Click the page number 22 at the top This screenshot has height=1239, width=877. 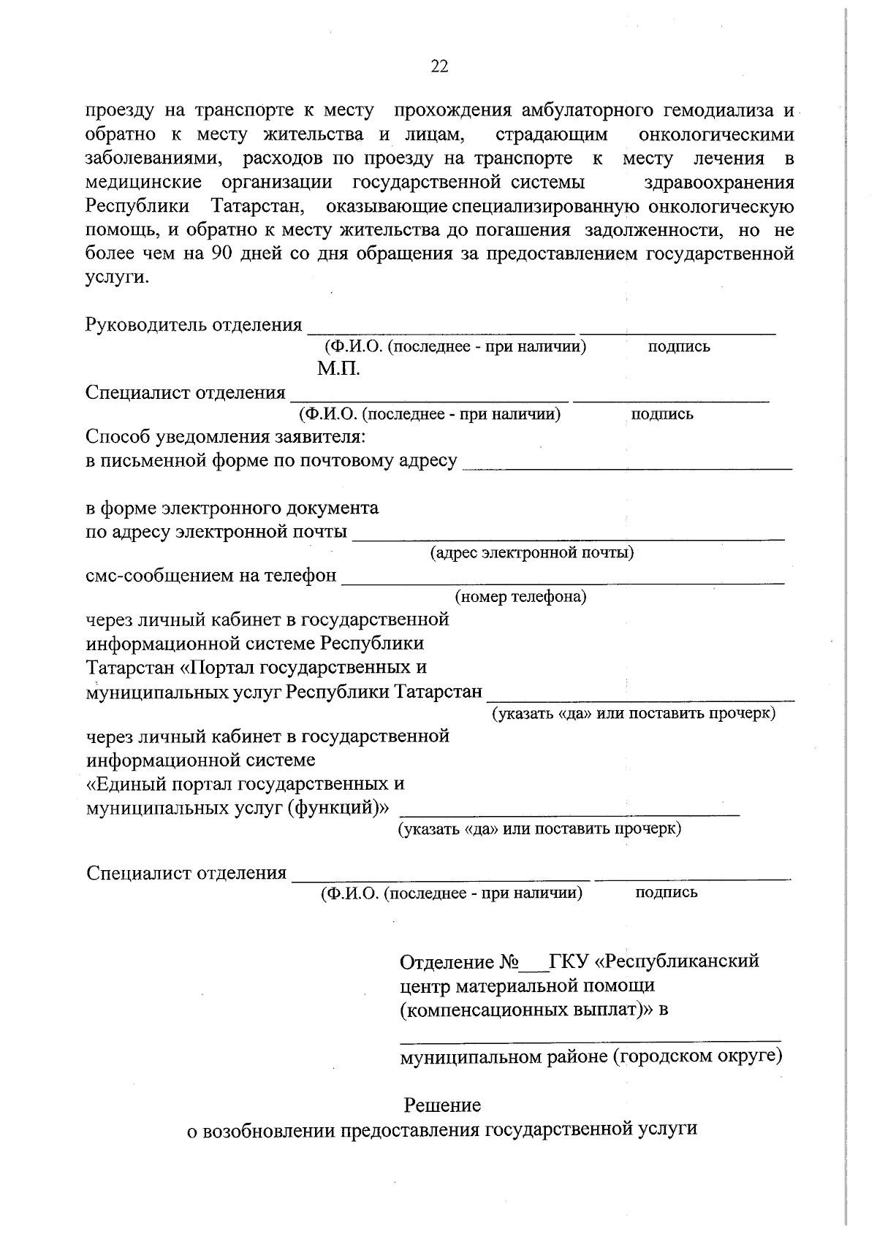coord(439,67)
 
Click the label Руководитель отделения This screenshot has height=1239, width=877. coord(194,324)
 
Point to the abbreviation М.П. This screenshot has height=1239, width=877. coord(338,369)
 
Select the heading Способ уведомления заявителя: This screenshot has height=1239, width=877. coord(226,438)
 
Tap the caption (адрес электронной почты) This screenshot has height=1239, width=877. coord(532,552)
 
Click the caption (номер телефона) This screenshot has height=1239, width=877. coord(520,598)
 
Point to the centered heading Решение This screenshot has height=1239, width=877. coord(442,1105)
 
